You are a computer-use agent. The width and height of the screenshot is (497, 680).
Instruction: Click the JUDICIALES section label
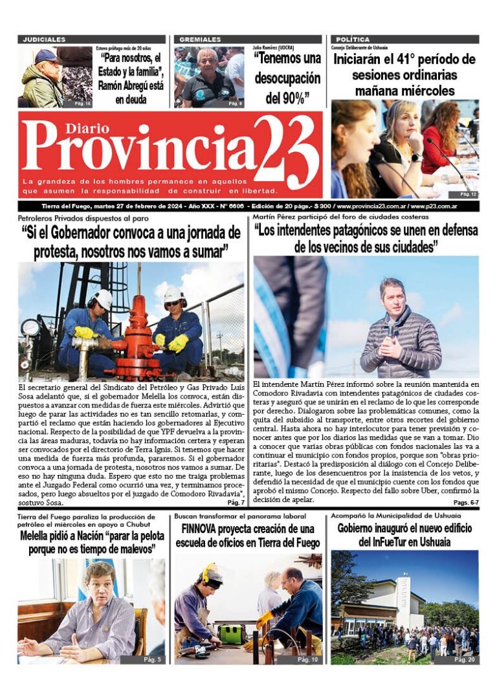point(44,39)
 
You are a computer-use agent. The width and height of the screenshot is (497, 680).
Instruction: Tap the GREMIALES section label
point(200,39)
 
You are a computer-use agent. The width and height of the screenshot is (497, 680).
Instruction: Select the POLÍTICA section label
point(353,39)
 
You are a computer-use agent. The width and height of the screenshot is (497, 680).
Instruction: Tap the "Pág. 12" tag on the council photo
point(468,193)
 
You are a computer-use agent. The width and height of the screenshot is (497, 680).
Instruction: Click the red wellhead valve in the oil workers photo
point(138,336)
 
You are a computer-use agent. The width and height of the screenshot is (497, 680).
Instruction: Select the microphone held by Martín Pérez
point(390,328)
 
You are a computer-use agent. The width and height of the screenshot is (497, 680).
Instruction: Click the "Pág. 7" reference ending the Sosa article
point(236,502)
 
